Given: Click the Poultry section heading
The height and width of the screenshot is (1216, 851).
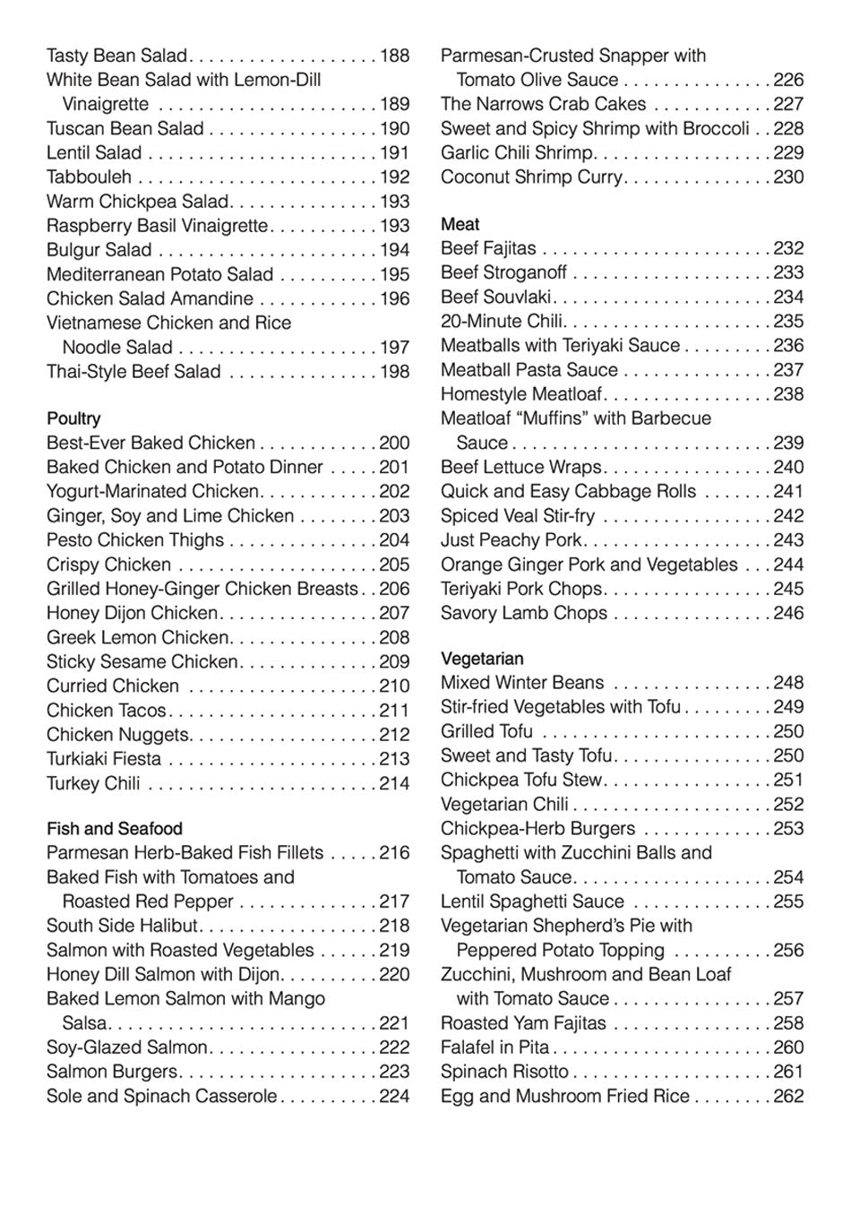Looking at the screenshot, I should point(73,418).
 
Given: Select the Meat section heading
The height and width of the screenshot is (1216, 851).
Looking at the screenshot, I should point(460,224).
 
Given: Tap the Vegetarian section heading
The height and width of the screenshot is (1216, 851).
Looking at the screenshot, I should point(482,659).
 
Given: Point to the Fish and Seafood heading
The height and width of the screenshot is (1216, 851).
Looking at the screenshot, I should point(114,829).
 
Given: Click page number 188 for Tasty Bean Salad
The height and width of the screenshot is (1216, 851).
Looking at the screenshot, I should point(394,56).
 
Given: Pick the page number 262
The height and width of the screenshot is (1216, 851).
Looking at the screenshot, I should point(788,1096).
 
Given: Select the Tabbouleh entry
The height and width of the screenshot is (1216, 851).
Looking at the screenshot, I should point(89,177).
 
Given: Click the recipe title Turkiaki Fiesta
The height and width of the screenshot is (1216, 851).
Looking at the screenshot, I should point(104,759).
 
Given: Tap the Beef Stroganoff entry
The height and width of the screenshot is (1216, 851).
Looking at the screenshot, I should point(503,272).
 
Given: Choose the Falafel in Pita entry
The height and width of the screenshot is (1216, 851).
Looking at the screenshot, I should point(494,1048).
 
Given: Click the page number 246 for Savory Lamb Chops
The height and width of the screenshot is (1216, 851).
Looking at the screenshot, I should point(788,614).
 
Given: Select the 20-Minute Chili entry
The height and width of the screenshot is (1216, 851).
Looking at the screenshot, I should point(501,321).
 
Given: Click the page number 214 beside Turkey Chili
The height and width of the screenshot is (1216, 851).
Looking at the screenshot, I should point(394,783).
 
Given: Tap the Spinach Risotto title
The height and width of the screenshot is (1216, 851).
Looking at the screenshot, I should point(504,1072).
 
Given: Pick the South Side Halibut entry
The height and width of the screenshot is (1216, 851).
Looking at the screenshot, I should point(122,926).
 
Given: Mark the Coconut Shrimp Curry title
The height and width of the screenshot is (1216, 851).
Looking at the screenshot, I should point(530,177).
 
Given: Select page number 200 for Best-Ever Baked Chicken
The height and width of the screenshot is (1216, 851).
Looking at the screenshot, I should point(394,443).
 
